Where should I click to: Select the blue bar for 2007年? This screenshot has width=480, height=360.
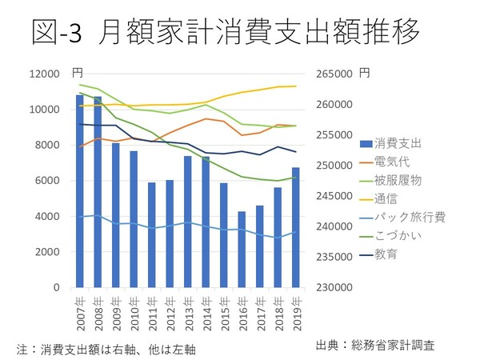tap(80, 192)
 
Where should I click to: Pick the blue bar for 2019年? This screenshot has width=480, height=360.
tap(295, 228)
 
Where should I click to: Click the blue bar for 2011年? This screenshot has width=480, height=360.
tap(151, 235)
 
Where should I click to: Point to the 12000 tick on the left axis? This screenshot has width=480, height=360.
tap(45, 74)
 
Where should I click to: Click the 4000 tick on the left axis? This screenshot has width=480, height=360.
tap(48, 216)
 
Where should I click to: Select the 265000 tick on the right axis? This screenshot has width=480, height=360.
tap(338, 74)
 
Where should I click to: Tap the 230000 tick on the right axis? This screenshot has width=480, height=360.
tap(338, 287)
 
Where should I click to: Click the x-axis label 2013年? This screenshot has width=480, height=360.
tap(187, 308)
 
